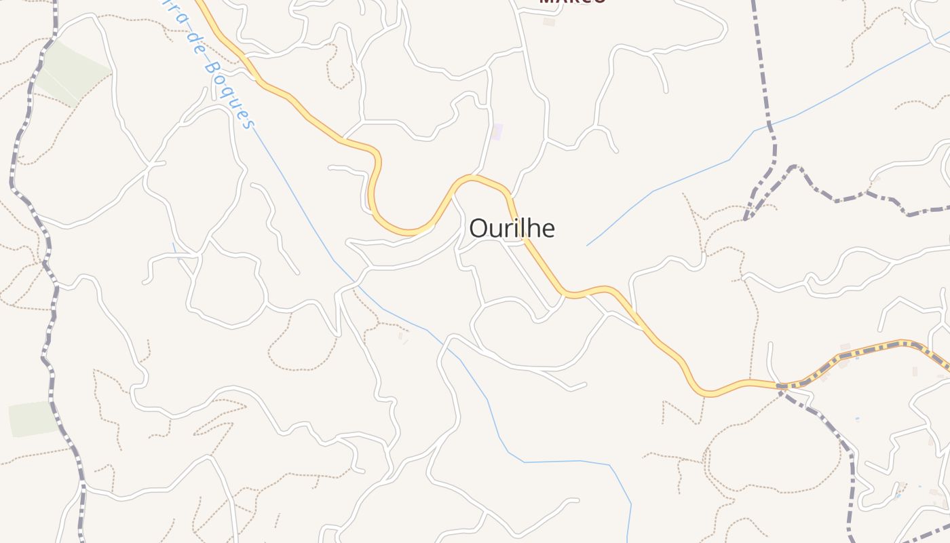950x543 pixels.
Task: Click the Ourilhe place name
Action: pos(512,229)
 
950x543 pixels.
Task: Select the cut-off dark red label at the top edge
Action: pos(572,2)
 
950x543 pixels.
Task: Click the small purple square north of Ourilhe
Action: pos(497,132)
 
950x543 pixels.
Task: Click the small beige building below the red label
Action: pos(549,22)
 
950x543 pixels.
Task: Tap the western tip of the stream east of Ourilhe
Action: pos(588,245)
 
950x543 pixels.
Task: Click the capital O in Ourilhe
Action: pos(478,229)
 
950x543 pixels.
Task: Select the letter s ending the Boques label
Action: pos(250,123)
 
